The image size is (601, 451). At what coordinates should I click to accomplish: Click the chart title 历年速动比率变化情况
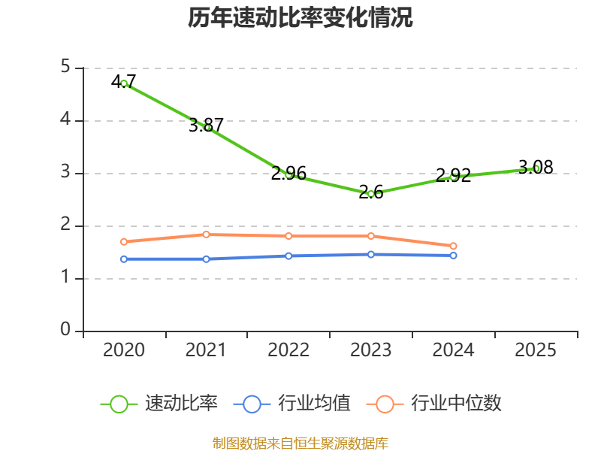coord(300,17)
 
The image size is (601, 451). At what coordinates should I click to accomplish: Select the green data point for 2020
coord(124,83)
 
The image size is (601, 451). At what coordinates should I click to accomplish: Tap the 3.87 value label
coord(206,125)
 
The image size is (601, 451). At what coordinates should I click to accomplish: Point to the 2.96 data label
coord(288,174)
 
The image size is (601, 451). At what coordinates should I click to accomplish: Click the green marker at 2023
coord(371,195)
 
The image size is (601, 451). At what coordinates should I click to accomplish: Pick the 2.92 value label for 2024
coord(454,176)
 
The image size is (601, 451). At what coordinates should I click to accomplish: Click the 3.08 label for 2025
coord(536,167)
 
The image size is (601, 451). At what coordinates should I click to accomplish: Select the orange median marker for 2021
coord(206,235)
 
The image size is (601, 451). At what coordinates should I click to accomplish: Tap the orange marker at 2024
coord(453,246)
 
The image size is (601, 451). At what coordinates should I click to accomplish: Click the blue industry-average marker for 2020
coord(124,259)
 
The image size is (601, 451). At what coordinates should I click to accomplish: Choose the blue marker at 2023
coord(371,254)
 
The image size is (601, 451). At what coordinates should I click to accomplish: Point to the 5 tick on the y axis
coord(65,67)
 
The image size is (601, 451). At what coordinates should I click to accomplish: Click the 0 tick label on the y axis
coord(65,329)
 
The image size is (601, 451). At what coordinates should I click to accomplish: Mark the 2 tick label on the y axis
coord(65,224)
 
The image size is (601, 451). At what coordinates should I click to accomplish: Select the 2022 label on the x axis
coord(288,350)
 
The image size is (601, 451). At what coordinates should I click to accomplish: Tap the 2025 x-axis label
coord(536,350)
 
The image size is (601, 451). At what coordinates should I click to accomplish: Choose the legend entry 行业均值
coord(292,404)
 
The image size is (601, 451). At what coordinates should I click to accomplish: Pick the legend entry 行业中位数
coord(434,404)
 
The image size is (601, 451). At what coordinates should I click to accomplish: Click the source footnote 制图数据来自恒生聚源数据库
coord(300,443)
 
